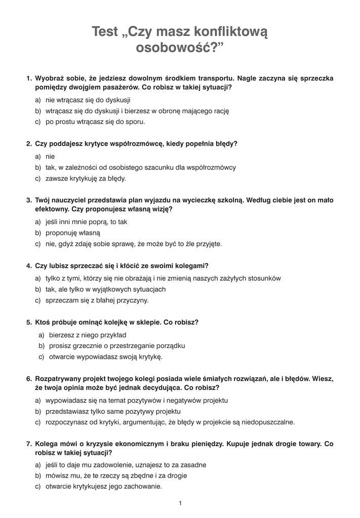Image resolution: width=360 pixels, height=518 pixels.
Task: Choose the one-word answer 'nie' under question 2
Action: click(x=50, y=156)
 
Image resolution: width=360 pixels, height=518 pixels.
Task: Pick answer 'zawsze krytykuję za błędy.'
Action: click(x=86, y=178)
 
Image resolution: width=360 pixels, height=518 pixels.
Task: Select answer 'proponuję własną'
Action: click(x=73, y=233)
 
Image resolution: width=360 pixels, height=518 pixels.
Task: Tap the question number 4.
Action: click(x=28, y=266)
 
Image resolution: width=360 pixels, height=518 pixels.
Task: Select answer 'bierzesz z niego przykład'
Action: click(x=88, y=335)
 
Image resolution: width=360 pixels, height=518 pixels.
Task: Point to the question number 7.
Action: click(x=28, y=444)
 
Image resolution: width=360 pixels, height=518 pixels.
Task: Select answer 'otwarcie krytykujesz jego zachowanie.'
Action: click(x=103, y=487)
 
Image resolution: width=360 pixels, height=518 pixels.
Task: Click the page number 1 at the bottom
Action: click(x=180, y=503)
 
